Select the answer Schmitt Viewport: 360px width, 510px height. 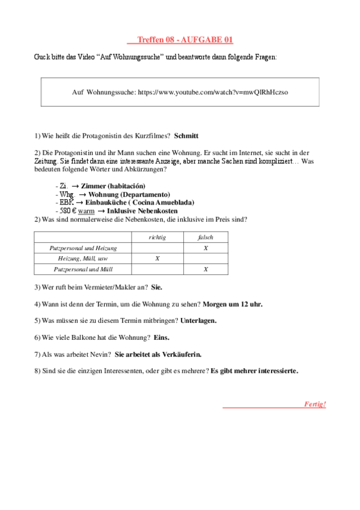(x=186, y=136)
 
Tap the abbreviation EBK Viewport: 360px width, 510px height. (x=66, y=203)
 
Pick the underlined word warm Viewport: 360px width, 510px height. (x=87, y=211)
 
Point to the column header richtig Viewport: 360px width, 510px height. (x=157, y=238)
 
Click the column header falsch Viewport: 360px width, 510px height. (x=206, y=238)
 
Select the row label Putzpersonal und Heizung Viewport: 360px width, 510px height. (x=83, y=248)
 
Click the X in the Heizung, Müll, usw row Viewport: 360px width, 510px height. (x=157, y=259)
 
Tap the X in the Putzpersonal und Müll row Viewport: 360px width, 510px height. (x=206, y=269)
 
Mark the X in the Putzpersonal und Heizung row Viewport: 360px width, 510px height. (x=206, y=248)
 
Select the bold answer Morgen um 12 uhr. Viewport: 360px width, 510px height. (x=233, y=304)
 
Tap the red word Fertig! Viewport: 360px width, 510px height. (x=315, y=404)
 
